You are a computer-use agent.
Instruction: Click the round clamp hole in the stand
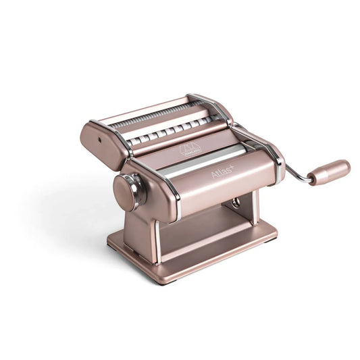click(236, 205)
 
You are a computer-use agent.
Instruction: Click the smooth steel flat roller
click(203, 157)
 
